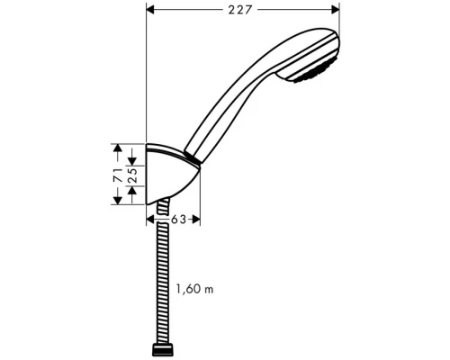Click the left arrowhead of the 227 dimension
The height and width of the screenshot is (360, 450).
coord(150,10)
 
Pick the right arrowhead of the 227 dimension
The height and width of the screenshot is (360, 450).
coord(336,10)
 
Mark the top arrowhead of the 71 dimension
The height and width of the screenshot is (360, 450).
coord(117,147)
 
